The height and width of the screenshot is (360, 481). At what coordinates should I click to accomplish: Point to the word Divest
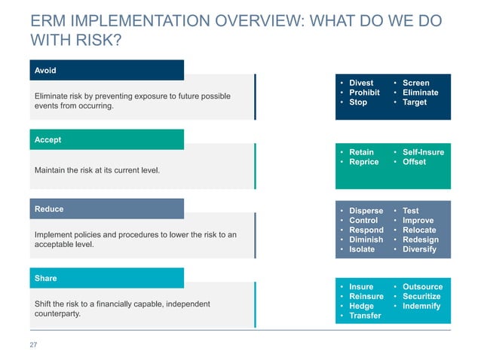[x=361, y=83]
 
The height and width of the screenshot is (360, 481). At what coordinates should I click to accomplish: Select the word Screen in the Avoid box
[x=415, y=83]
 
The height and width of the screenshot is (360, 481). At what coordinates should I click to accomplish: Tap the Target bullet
[x=415, y=102]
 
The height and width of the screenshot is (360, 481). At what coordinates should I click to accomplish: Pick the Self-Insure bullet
[x=423, y=152]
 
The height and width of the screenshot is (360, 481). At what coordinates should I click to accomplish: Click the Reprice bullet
[x=363, y=162]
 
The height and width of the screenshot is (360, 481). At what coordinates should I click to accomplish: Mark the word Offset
[x=414, y=162]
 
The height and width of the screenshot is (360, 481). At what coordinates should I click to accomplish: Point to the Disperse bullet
[x=366, y=211]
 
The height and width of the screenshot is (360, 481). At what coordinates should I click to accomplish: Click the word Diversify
[x=419, y=249]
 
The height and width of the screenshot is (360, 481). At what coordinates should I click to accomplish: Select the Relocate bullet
[x=419, y=230]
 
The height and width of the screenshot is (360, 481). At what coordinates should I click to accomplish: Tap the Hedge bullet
[x=361, y=307]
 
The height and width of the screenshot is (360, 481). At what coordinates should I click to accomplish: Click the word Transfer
[x=365, y=316]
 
